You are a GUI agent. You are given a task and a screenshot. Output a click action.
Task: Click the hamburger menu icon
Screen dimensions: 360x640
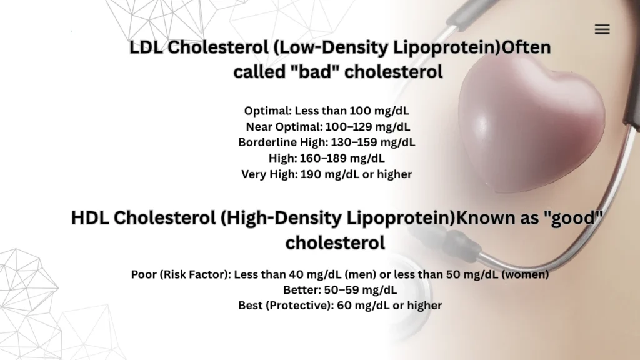(602, 29)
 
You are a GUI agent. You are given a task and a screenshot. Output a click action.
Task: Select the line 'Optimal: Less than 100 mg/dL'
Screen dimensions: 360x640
(327, 111)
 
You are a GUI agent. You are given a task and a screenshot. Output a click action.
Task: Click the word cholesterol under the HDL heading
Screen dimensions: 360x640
(335, 242)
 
